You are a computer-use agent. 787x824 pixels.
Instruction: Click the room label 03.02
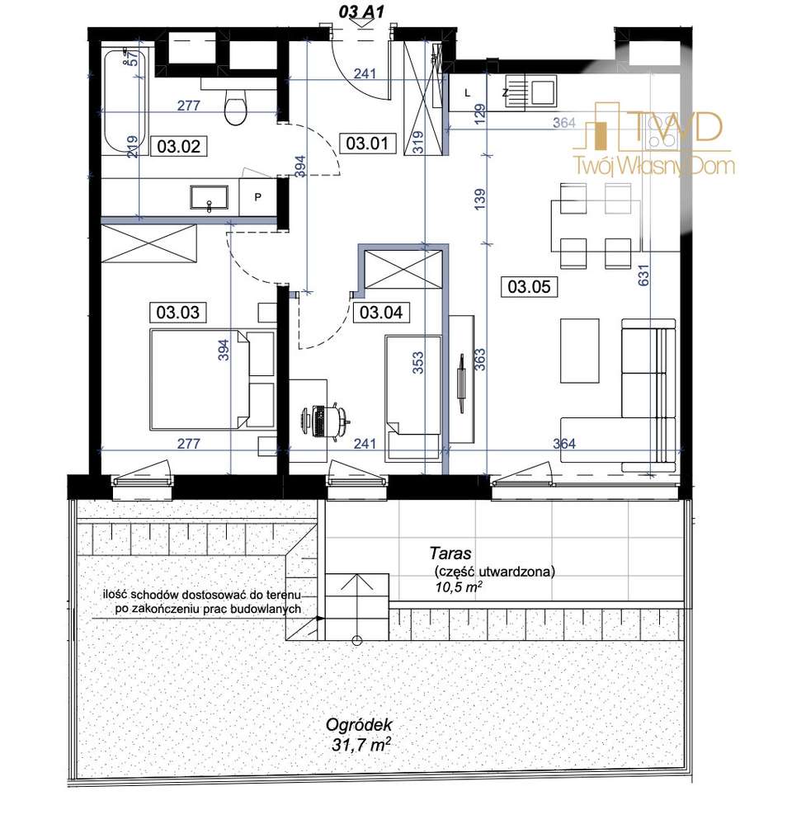tap(179, 146)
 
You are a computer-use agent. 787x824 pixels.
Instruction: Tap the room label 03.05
tap(529, 286)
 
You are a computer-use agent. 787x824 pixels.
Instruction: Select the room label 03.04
tap(380, 312)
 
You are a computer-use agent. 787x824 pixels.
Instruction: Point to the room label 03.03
tap(177, 312)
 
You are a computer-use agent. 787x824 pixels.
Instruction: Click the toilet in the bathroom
tap(235, 105)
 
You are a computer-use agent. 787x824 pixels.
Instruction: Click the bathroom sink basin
tap(210, 198)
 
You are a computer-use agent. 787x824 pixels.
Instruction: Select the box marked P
tap(257, 198)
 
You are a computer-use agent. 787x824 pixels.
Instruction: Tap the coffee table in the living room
tap(580, 351)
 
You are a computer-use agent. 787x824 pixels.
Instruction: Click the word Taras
tap(450, 553)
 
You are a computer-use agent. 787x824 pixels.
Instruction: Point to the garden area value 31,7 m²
tap(361, 744)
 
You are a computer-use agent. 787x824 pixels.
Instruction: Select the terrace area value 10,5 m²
tap(459, 586)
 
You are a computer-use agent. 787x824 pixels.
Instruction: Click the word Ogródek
tap(359, 725)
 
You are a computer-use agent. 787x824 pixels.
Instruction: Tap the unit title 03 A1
tap(361, 12)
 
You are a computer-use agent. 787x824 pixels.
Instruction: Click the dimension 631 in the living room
tap(643, 275)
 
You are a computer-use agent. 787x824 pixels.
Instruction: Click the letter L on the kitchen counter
tap(468, 93)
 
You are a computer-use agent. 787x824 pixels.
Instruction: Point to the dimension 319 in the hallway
tap(418, 142)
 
